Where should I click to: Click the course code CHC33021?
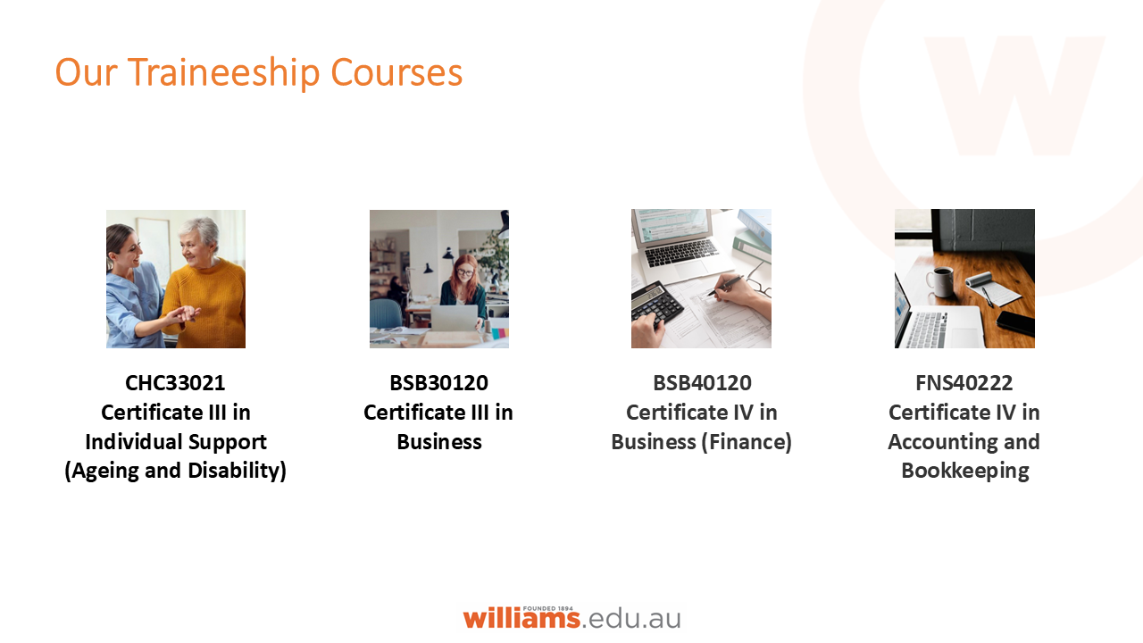point(175,383)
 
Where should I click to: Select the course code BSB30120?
point(438,383)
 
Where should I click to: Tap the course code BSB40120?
point(702,383)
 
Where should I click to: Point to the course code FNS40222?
point(964,383)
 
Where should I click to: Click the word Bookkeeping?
point(964,471)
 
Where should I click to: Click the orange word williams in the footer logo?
point(521,618)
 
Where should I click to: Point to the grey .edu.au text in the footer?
point(632,618)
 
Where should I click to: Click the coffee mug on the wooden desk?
point(939,281)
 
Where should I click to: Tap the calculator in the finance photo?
point(656,305)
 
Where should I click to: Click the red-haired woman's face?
point(464,271)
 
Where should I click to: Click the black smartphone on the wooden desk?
point(1015,323)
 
